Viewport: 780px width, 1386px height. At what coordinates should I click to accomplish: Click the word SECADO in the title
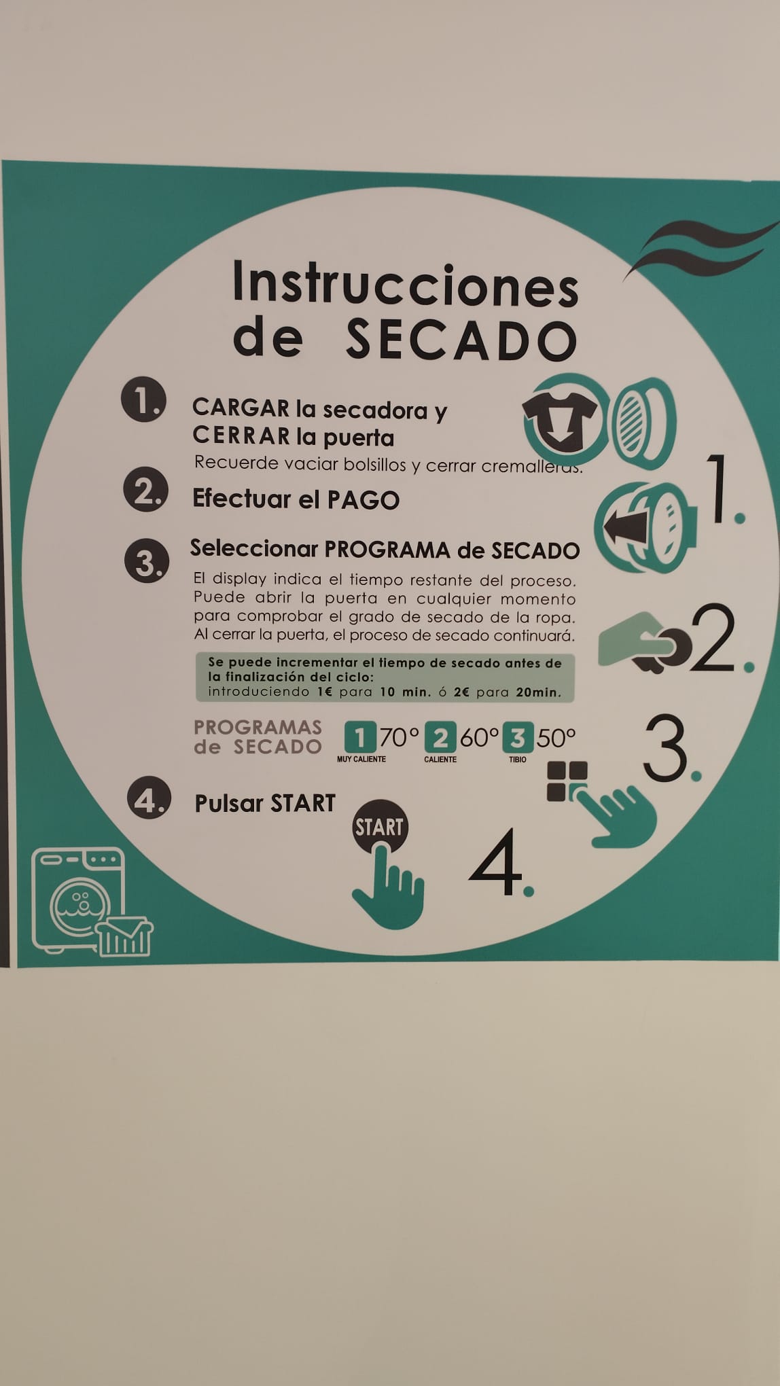click(x=461, y=339)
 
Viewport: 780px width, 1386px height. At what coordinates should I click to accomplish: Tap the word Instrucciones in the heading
click(x=405, y=283)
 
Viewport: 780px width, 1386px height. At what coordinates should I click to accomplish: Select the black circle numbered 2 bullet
click(x=145, y=489)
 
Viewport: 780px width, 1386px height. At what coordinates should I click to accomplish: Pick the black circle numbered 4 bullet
click(x=149, y=798)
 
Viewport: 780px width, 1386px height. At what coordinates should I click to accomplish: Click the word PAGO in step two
click(x=364, y=500)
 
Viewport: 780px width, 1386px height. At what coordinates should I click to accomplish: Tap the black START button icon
click(x=380, y=826)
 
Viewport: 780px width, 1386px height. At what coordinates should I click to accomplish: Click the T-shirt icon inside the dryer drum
click(x=560, y=420)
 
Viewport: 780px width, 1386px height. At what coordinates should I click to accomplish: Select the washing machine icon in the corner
click(x=92, y=901)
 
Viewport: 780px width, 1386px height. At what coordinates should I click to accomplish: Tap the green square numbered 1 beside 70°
click(x=360, y=737)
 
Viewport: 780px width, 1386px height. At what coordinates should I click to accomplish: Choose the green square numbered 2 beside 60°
click(x=440, y=737)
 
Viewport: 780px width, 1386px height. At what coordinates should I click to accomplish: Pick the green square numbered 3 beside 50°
click(x=518, y=737)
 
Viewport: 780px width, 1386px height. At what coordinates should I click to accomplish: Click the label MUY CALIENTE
click(x=361, y=759)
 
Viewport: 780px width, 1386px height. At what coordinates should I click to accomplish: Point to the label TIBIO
click(x=518, y=759)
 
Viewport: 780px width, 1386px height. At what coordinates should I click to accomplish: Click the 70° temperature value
click(x=400, y=737)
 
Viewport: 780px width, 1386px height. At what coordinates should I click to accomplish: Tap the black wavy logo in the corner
click(x=700, y=249)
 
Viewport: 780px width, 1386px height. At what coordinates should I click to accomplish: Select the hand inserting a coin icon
click(x=645, y=643)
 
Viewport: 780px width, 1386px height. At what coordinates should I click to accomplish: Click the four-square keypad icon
click(x=567, y=781)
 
